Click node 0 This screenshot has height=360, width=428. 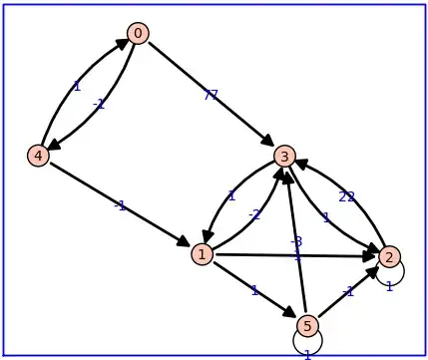pos(138,34)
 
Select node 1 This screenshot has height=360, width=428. pos(203,254)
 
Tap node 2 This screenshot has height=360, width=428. pos(389,256)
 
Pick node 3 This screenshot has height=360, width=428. pos(284,156)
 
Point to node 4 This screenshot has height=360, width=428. pos(38,156)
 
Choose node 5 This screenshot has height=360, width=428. pos(307,325)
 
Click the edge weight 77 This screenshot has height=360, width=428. pos(211,96)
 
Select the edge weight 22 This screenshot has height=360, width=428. pos(346,196)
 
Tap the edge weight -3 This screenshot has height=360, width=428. pos(296,242)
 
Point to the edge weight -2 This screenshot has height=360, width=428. pos(254,213)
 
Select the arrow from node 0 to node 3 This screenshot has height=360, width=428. pos(211,95)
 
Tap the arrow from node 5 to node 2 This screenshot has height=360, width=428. pos(348,291)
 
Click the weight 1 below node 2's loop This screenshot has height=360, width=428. pos(389,287)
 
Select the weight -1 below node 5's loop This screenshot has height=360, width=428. pos(307,354)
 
